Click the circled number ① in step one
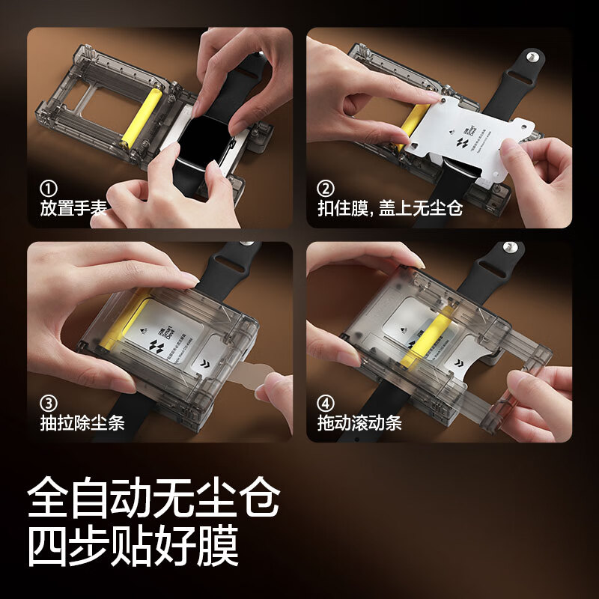[x=49, y=189]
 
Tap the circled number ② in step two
[x=326, y=189]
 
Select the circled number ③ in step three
[x=49, y=403]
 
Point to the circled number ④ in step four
[x=326, y=403]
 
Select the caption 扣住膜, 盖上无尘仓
[x=389, y=208]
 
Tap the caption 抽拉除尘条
[x=82, y=422]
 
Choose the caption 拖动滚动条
[x=359, y=422]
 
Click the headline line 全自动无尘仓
[x=154, y=497]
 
